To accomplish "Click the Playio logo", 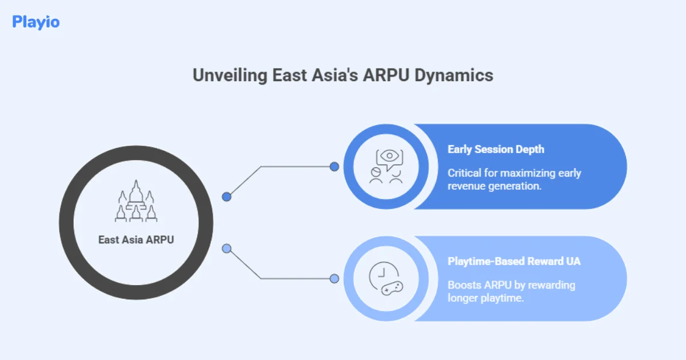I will coord(35,22).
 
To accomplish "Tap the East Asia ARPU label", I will coord(136,240).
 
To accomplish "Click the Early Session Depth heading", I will coord(496,149).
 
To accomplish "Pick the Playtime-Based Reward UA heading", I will coord(514,262).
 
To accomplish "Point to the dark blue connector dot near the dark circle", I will coord(227,197).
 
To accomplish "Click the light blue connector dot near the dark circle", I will coord(227,249).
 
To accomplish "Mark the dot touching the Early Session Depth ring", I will coord(334,167).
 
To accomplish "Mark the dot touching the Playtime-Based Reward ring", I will coord(334,279).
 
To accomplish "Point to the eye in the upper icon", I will coord(389,156).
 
